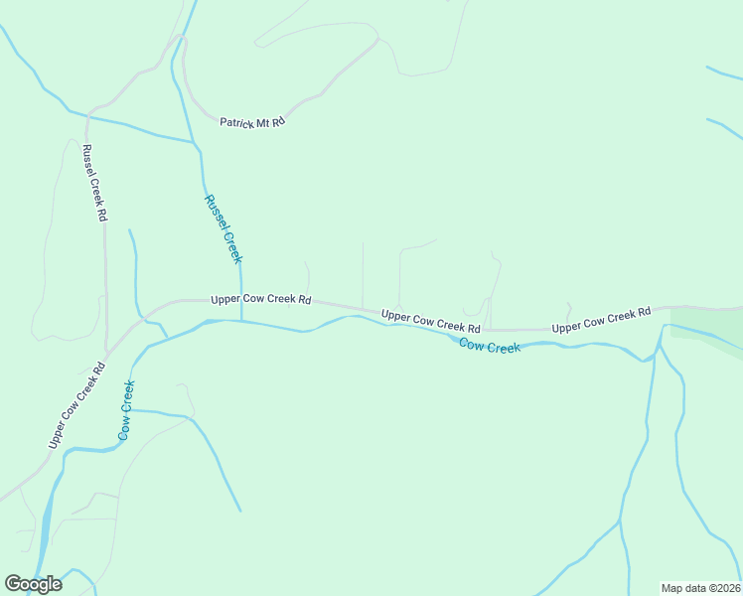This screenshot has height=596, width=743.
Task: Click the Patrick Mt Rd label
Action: coord(252,121)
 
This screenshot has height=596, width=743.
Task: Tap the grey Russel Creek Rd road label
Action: coord(93,182)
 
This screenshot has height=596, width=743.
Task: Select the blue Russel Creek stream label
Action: coord(223,228)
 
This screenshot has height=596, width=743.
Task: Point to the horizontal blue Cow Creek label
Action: coord(490,347)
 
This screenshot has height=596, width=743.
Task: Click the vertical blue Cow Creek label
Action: coord(126,410)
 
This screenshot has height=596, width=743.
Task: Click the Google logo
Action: coord(33,584)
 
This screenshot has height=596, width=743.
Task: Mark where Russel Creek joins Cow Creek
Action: coord(241,321)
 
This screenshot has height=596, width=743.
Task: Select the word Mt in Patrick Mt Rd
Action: coord(263,121)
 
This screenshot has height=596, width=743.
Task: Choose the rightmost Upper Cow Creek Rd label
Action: coord(601,320)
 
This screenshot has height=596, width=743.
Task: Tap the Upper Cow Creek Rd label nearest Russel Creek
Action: coord(261,299)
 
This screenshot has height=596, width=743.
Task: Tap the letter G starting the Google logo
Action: coord(14,584)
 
